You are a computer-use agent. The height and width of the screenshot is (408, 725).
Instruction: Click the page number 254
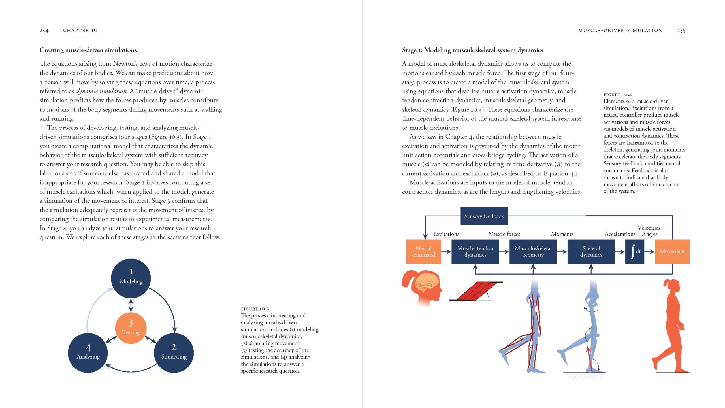click(x=44, y=31)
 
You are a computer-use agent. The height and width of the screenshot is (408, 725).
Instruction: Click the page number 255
click(x=681, y=31)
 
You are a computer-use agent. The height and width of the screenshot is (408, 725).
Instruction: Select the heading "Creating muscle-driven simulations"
click(x=88, y=50)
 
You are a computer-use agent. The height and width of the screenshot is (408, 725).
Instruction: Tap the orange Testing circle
click(x=131, y=328)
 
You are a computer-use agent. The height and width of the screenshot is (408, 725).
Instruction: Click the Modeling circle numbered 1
click(x=131, y=278)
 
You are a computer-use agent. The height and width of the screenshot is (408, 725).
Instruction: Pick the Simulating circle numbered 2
click(x=174, y=353)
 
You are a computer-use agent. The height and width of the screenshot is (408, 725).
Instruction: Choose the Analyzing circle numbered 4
click(x=88, y=353)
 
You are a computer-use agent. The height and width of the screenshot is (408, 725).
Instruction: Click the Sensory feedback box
click(x=484, y=216)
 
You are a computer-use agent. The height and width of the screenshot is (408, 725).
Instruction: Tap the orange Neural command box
click(x=423, y=252)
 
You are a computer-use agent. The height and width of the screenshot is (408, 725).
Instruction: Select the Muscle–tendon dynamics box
click(x=475, y=252)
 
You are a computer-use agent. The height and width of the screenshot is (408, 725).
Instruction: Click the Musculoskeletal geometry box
click(x=533, y=252)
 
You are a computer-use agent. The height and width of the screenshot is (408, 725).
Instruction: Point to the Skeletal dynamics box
click(x=591, y=252)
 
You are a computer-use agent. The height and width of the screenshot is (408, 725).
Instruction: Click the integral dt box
click(x=635, y=252)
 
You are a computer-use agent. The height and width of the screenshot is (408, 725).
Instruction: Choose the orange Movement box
click(x=672, y=252)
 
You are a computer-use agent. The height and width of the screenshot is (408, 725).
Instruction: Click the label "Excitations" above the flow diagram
click(x=446, y=234)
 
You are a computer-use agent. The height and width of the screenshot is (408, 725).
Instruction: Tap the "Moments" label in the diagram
click(x=562, y=234)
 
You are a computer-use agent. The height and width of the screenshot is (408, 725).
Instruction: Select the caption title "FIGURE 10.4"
click(x=617, y=95)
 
